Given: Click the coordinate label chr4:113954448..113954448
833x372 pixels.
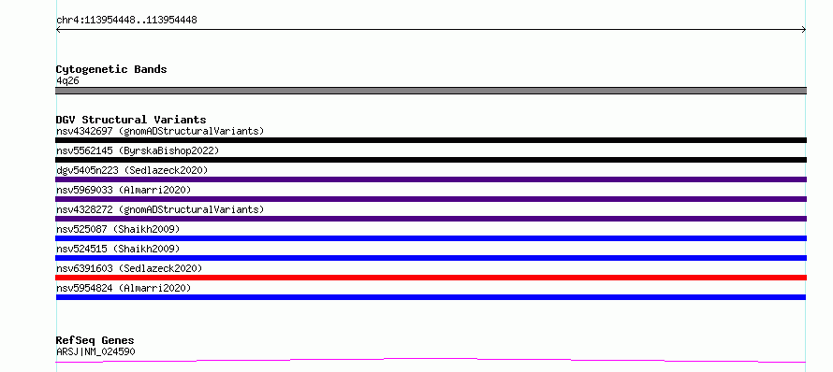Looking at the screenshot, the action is pos(126,21).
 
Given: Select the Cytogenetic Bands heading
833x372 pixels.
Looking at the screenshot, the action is pos(111,69).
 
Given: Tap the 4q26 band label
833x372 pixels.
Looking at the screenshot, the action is pos(67,81).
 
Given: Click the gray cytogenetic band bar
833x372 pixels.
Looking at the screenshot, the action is pos(431,91).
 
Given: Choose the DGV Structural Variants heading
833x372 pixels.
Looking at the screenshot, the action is pos(131,120).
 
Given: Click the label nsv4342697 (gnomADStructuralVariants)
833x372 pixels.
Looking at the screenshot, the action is pos(160,131).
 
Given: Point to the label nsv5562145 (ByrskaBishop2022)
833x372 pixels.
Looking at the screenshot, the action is pos(138,150).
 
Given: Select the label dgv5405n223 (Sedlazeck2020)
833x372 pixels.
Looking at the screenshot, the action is pos(132,170).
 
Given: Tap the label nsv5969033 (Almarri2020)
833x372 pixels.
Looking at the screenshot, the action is pos(124,190).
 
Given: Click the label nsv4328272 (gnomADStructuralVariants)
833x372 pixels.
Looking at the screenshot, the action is pos(160,209).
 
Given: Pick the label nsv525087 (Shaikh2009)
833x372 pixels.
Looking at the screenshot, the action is pos(118,229).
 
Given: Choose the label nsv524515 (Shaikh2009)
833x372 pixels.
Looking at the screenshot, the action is pos(118,249).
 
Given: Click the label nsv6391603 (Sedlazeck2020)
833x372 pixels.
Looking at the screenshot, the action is pos(129,268).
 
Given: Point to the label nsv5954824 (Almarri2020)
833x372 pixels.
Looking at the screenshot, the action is pos(124,288).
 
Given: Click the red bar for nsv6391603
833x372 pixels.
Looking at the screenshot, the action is pos(431,278).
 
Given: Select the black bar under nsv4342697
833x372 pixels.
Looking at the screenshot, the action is pos(431,140).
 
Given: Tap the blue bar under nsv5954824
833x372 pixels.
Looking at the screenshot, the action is pos(431,297).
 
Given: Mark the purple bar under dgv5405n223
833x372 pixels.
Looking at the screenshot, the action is pos(431,179).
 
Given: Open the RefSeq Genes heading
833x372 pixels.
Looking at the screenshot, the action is pos(95,340).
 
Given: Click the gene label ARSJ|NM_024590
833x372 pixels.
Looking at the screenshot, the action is pos(95,351).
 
